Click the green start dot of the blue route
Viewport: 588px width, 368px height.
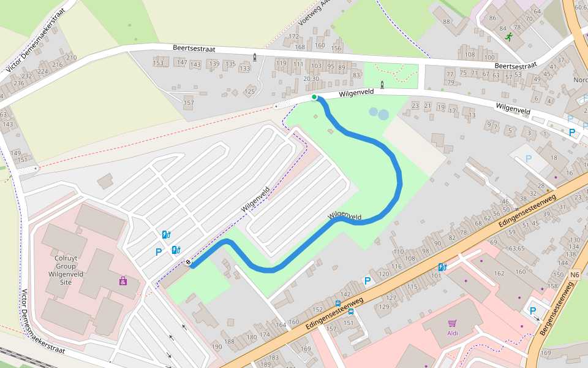tap(314, 97)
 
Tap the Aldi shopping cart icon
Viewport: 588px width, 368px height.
tap(453, 323)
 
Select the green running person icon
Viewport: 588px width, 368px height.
tap(508, 37)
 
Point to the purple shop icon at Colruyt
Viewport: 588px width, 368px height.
tap(123, 281)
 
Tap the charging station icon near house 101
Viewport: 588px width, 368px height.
tap(442, 267)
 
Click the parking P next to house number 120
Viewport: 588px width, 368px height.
tap(367, 281)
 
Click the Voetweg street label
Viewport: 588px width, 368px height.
tap(314, 13)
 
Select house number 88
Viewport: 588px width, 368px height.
tap(446, 23)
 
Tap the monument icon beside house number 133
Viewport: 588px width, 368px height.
tap(255, 58)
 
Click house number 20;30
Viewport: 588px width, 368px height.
tap(311, 79)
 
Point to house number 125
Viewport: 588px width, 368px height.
tap(249, 92)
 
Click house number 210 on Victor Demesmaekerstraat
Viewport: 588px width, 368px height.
tap(72, 58)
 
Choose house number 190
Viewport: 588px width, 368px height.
tap(217, 347)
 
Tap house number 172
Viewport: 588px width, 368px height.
tap(294, 37)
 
